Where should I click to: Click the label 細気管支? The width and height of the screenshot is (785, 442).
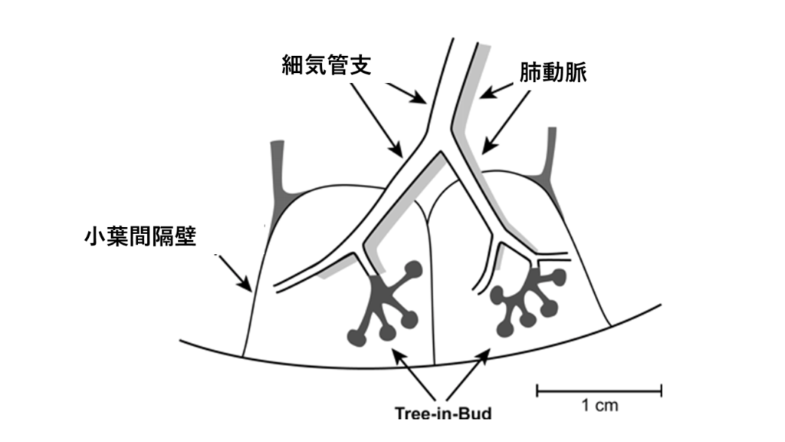pyautogui.click(x=327, y=66)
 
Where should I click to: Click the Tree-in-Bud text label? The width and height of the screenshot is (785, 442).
pyautogui.click(x=442, y=413)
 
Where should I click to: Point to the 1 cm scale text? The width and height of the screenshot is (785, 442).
pyautogui.click(x=599, y=405)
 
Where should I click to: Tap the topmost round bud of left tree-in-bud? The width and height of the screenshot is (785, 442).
pyautogui.click(x=414, y=269)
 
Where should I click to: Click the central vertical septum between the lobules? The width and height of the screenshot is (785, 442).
pyautogui.click(x=431, y=292)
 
